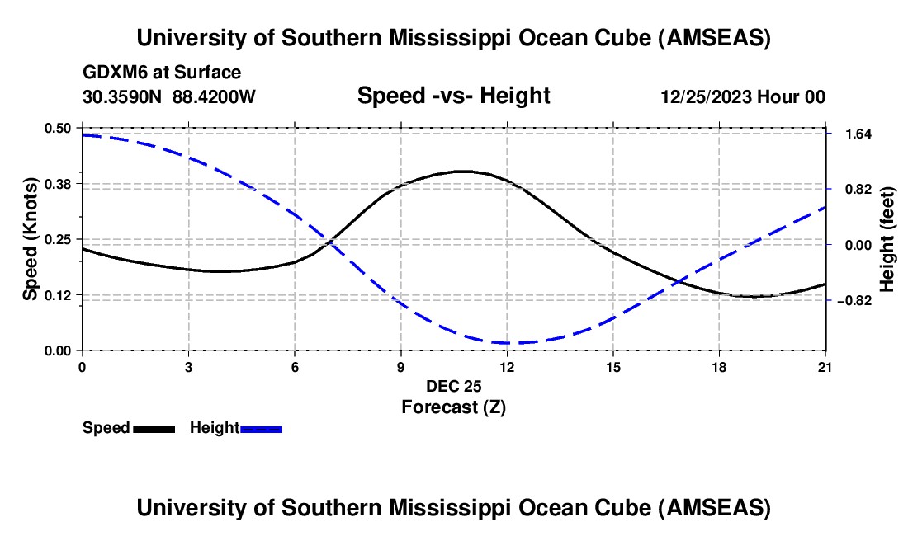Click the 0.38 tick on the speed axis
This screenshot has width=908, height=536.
pos(59,183)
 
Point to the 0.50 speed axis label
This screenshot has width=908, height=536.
pos(59,128)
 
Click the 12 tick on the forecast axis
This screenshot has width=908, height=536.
pos(507,366)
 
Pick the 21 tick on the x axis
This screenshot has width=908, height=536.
pos(825,366)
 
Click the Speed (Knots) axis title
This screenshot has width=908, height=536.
pos(31,239)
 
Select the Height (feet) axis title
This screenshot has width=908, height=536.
pos(887,239)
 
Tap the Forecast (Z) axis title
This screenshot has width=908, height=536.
pos(454,407)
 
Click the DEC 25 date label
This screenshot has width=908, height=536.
pos(454,386)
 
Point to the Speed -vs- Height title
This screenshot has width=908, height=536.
pos(453,96)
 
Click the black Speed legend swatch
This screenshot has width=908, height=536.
pos(154,429)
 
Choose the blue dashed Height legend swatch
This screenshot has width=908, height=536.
pos(262,429)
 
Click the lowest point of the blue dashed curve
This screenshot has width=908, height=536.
pos(507,343)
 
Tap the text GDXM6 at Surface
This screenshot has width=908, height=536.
pos(162,73)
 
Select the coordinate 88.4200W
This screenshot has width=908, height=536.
pos(215,97)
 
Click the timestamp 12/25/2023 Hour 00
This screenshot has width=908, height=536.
pos(743,97)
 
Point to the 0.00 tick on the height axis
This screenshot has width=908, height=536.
pos(850,245)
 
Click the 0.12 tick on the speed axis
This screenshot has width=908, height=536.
pos(59,295)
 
